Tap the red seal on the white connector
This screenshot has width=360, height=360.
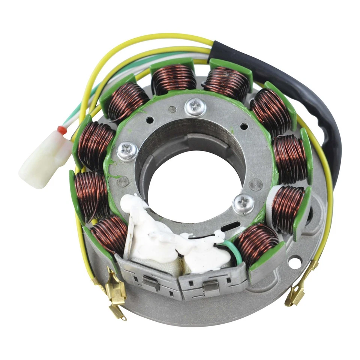(61, 130)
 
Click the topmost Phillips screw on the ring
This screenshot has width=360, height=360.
(195, 108)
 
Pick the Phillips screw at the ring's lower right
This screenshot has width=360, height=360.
(243, 204)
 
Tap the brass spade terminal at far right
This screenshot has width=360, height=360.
(295, 296)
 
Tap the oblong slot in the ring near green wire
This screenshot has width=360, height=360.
(231, 226)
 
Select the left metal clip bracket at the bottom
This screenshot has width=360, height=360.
(148, 278)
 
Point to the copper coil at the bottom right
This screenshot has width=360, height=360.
(257, 244)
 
